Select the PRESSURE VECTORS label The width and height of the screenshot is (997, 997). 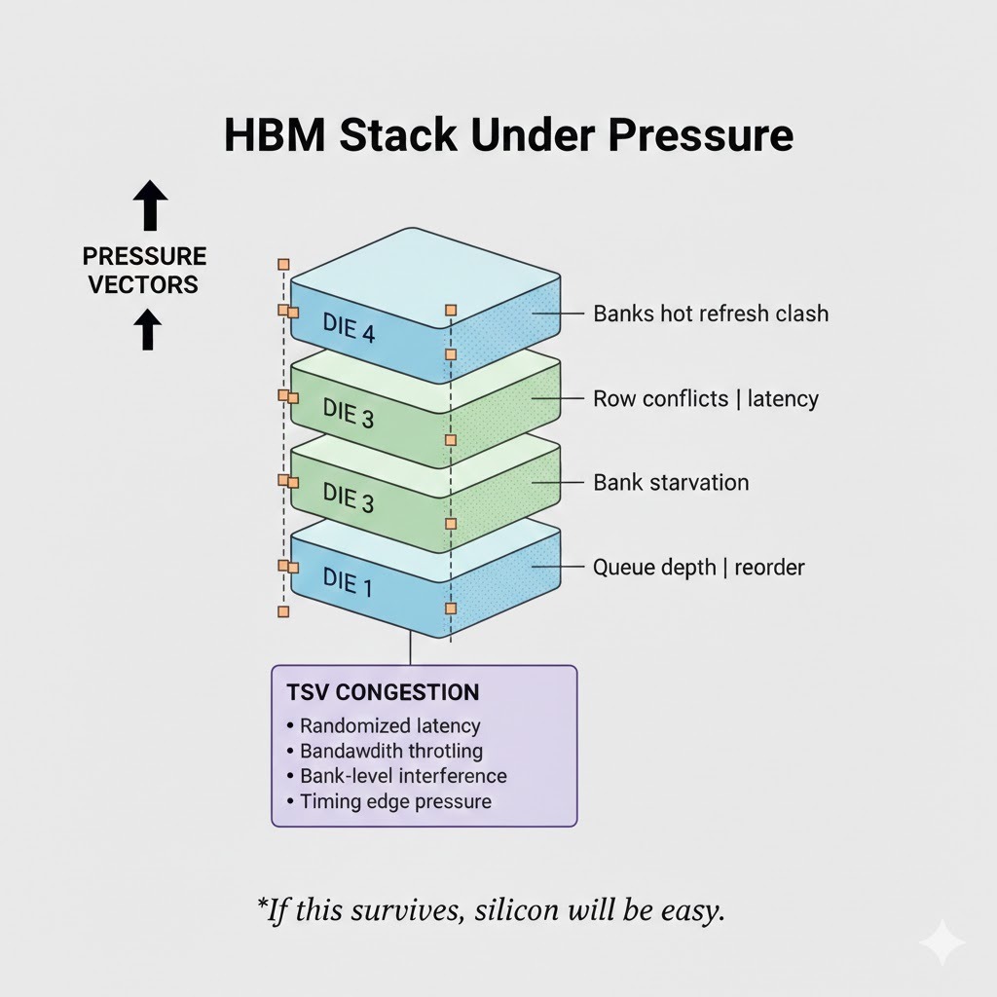point(144,270)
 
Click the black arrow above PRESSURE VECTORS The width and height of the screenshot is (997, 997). point(149,206)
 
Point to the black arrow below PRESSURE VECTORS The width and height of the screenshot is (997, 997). point(147,329)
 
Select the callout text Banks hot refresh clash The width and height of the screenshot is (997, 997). point(711,314)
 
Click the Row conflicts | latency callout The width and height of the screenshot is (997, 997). point(705,398)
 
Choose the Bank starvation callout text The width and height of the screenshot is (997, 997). point(671,482)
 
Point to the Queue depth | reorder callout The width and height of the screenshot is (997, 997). point(698,567)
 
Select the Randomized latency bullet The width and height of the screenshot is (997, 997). point(389,725)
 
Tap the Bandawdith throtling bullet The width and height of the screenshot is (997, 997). point(390,751)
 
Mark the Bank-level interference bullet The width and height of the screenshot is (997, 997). point(403,776)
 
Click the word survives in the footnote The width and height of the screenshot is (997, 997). point(409,911)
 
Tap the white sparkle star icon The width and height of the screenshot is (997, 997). point(942,942)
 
